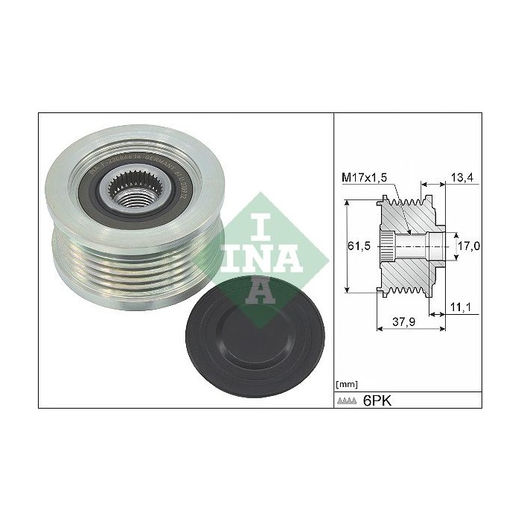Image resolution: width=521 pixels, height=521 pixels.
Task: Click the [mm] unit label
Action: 347,384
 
